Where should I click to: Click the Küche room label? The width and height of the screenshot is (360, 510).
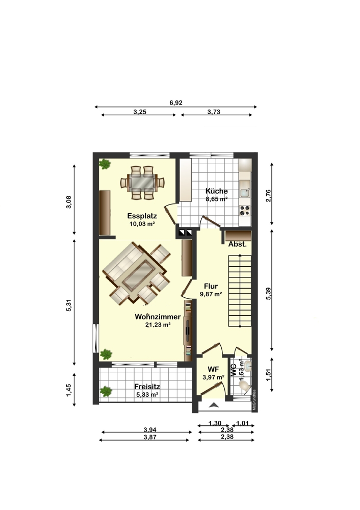(217, 191)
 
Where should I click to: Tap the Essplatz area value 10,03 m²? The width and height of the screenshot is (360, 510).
(141, 223)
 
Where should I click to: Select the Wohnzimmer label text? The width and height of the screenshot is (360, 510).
(158, 316)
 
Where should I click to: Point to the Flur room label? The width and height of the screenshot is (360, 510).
(211, 286)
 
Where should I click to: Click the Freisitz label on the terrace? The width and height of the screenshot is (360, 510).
(146, 386)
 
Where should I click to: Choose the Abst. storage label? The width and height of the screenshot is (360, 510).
(237, 244)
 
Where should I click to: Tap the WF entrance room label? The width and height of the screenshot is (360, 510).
(213, 369)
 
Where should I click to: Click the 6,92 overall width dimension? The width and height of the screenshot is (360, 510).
(176, 103)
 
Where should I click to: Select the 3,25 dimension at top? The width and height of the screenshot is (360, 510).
(140, 112)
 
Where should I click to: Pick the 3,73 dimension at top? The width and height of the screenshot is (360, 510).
(214, 112)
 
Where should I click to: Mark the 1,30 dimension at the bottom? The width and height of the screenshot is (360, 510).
(215, 423)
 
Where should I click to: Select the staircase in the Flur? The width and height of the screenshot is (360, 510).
(240, 291)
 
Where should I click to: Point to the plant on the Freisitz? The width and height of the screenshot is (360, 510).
(106, 391)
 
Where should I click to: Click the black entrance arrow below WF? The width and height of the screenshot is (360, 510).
(214, 405)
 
